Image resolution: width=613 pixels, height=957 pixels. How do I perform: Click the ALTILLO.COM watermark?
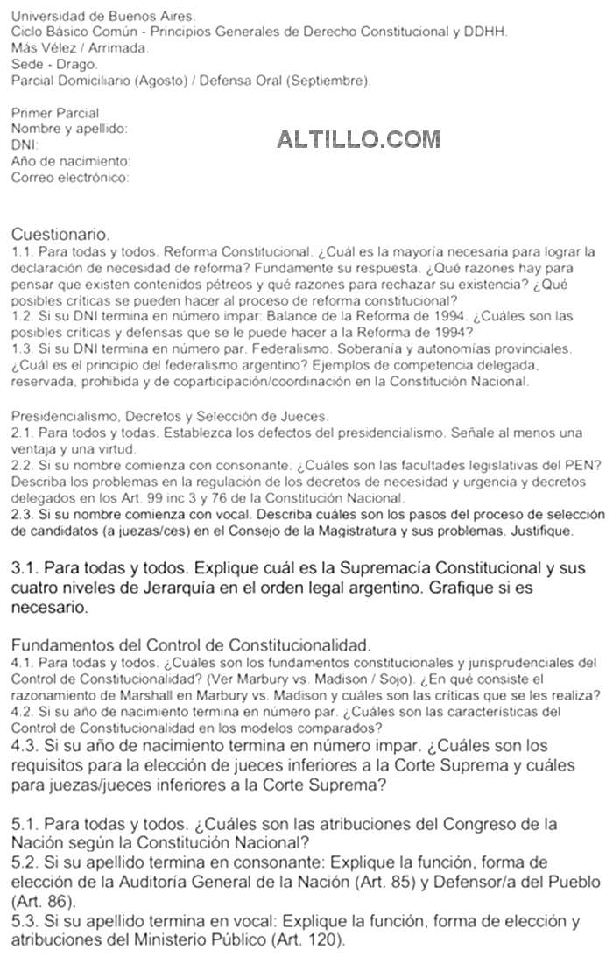(358, 138)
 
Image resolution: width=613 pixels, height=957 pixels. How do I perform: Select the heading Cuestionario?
(60, 235)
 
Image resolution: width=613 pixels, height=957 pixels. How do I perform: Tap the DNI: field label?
(25, 145)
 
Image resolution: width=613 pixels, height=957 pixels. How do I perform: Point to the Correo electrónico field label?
(70, 178)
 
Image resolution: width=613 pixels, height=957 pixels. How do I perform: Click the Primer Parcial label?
(55, 113)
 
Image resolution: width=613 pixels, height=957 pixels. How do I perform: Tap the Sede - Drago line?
(55, 64)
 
